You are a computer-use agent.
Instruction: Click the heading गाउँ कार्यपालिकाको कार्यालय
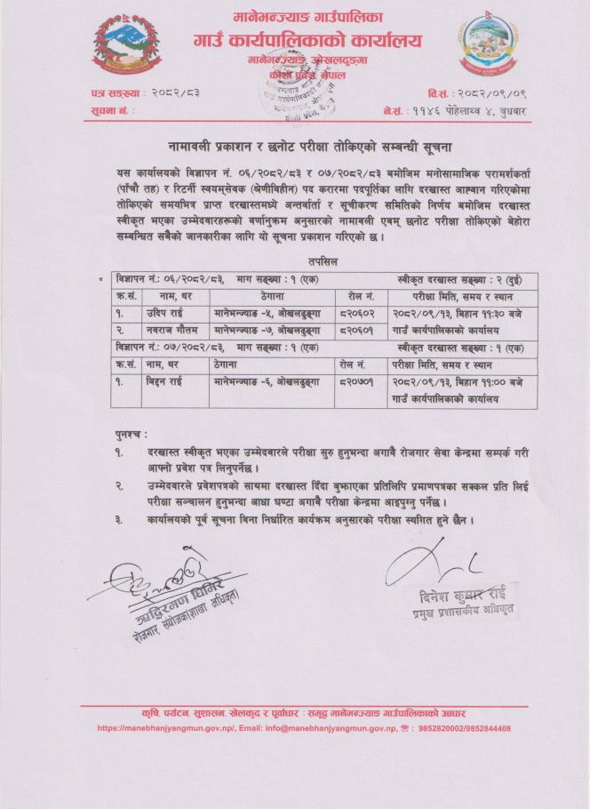click(x=307, y=41)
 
